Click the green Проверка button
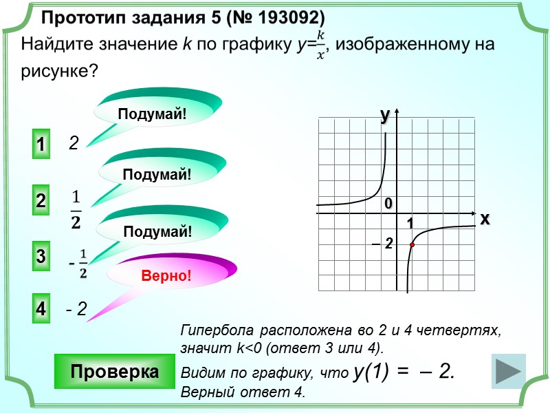pos(114,372)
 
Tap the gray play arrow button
pos(509,372)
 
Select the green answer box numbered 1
pos(41,145)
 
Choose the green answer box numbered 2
pos(41,202)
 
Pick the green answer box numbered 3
pos(41,257)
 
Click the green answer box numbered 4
pos(41,310)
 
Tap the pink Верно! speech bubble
pos(165,276)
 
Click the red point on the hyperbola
pos(412,244)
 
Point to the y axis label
pos(385,116)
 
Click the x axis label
pos(485,219)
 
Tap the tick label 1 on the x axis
pos(410,224)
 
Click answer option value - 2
pos(76,310)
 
